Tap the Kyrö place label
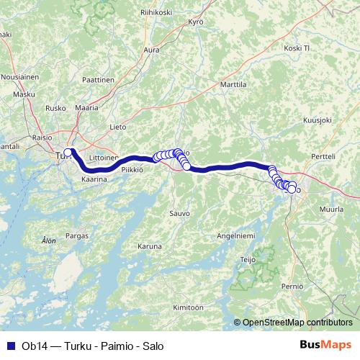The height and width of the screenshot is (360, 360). pyautogui.click(x=197, y=22)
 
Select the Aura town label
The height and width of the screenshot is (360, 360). pyautogui.click(x=151, y=50)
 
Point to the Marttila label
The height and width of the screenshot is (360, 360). pyautogui.click(x=232, y=84)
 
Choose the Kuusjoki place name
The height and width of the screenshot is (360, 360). pyautogui.click(x=317, y=120)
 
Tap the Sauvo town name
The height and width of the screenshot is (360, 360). pyautogui.click(x=179, y=213)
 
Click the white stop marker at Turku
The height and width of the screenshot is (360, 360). pyautogui.click(x=68, y=152)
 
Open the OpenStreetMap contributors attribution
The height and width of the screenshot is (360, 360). pyautogui.click(x=297, y=323)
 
